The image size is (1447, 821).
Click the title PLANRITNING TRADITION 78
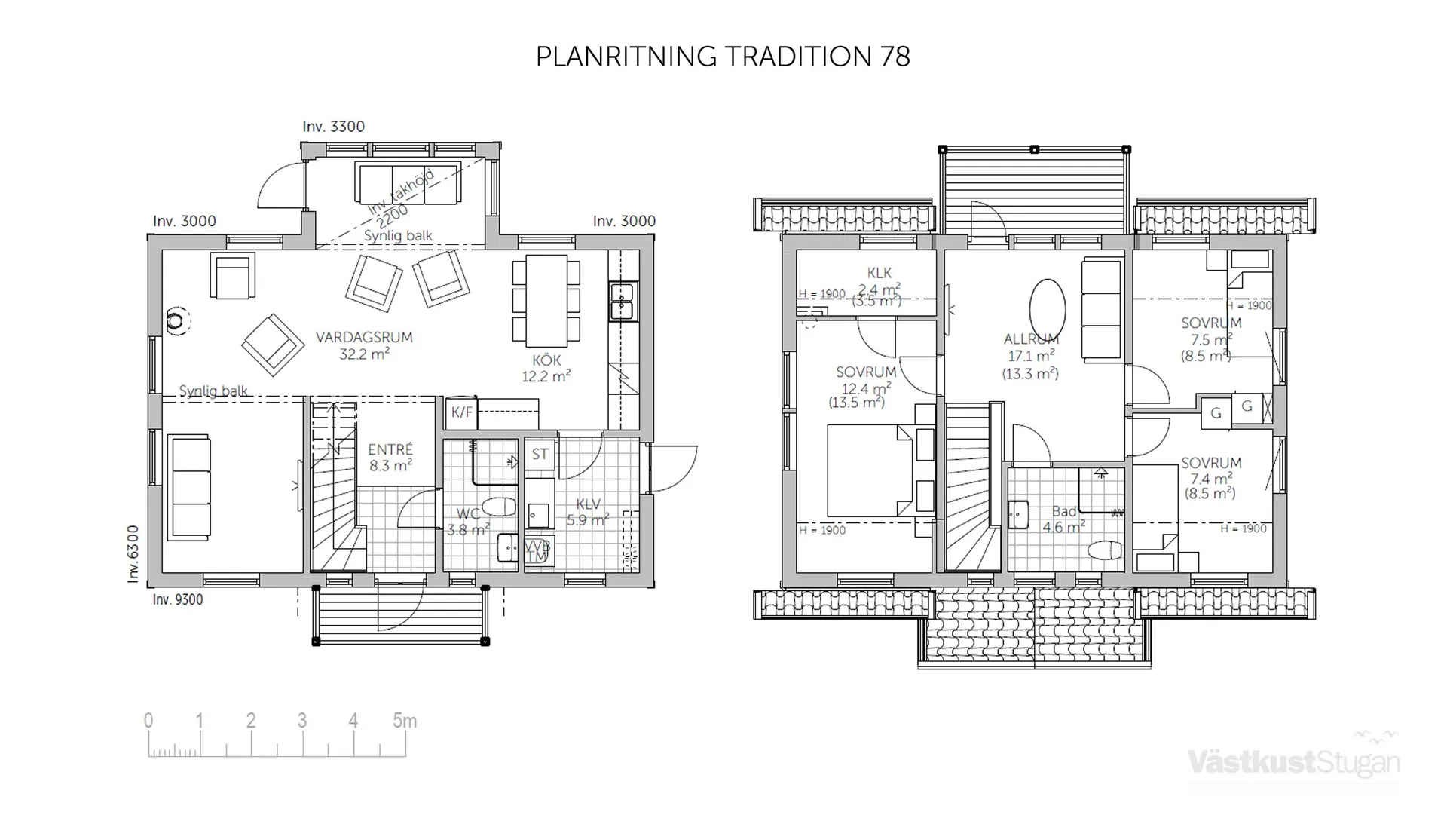[723, 57]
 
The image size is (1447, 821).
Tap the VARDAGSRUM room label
[364, 337]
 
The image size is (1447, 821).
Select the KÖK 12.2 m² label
[546, 368]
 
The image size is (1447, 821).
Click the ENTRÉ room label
[390, 450]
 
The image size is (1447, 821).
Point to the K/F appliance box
[461, 412]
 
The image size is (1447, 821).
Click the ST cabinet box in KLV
[540, 454]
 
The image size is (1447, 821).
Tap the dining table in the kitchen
[546, 300]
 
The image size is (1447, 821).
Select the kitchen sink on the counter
[623, 301]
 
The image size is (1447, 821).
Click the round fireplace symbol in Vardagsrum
[176, 321]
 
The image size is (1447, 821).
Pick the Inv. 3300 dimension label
[333, 127]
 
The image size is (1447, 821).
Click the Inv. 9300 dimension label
[177, 599]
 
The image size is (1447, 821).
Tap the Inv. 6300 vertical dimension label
[133, 554]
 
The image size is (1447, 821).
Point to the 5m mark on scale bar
[405, 721]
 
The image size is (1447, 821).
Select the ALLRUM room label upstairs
[1031, 339]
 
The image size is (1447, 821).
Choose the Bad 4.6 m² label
[1063, 519]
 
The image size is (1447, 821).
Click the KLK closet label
[879, 273]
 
